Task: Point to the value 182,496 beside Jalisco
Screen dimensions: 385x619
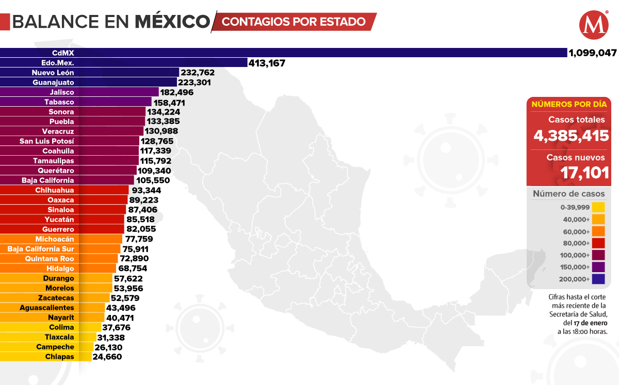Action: (180, 92)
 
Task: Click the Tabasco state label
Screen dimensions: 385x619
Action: (59, 102)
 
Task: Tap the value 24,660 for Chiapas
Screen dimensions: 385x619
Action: (107, 357)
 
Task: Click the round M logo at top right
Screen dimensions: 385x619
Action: (593, 25)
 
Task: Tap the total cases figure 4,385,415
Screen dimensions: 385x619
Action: (569, 136)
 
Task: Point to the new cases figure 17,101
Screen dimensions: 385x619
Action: (585, 173)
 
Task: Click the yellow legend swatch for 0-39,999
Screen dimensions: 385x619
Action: (598, 208)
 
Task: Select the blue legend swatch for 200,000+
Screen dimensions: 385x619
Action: (598, 279)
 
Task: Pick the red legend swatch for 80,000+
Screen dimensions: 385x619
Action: (598, 243)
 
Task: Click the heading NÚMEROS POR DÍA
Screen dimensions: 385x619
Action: (569, 104)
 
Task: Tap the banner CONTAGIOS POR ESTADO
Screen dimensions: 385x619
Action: (294, 22)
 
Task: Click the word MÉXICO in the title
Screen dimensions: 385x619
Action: (173, 22)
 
